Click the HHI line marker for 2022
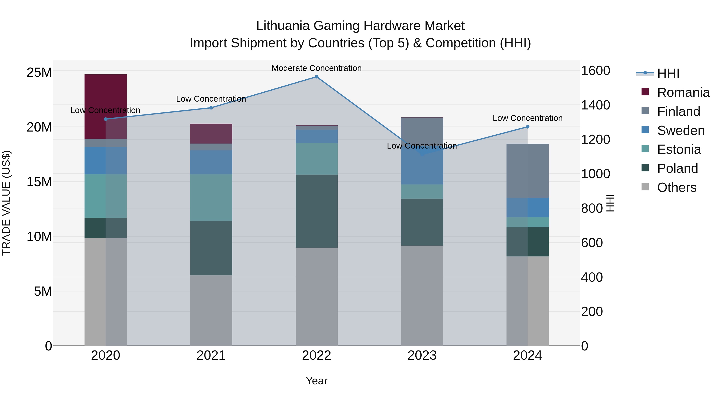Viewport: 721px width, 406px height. (x=317, y=77)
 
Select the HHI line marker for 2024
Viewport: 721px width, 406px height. (x=528, y=127)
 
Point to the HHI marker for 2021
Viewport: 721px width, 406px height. (x=211, y=108)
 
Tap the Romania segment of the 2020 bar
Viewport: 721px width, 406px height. (x=106, y=106)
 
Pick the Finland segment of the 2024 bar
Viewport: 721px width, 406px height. (x=528, y=171)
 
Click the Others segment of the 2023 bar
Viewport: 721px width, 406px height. (x=422, y=296)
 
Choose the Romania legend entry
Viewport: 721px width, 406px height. (x=683, y=92)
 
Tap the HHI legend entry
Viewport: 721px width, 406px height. (x=668, y=73)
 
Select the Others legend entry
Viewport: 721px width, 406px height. (x=677, y=187)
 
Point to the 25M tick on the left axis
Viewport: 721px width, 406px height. (x=39, y=73)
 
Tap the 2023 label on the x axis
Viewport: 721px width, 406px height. (x=422, y=355)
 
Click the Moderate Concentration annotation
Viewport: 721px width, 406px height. (x=317, y=68)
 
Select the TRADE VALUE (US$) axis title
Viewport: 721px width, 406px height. (x=6, y=203)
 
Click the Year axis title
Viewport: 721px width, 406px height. (x=317, y=381)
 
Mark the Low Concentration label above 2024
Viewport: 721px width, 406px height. (x=528, y=118)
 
